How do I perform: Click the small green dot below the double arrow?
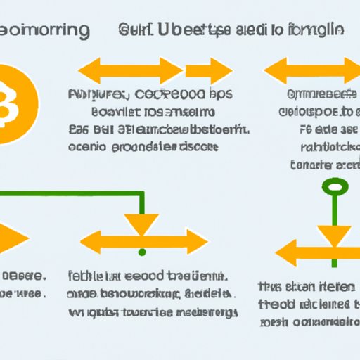pos(142,251)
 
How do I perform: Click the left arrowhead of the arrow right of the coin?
pos(89,70)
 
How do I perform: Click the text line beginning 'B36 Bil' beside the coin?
pos(159,128)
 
